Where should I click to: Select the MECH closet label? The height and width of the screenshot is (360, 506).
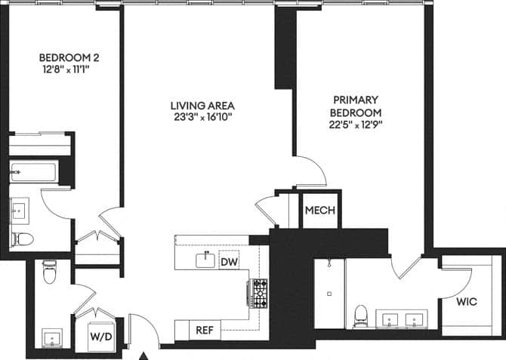tap(319, 211)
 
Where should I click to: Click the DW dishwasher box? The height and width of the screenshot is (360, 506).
tap(229, 262)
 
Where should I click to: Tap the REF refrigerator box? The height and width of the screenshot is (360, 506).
tap(204, 330)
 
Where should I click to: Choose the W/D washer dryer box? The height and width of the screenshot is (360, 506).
tap(101, 335)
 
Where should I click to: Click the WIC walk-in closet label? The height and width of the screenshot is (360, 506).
tap(466, 302)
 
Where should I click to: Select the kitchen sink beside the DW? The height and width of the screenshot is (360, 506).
tap(203, 260)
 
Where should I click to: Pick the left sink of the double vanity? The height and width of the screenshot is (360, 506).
tap(390, 319)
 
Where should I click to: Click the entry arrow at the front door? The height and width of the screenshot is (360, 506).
tap(145, 354)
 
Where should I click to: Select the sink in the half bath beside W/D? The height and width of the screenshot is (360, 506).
tap(51, 336)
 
